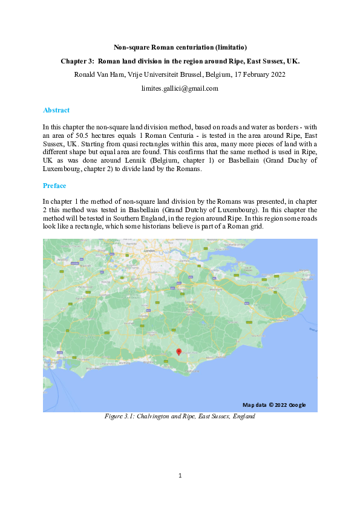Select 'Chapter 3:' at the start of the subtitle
77,61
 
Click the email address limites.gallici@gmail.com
180,88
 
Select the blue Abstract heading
56,110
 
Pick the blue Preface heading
54,185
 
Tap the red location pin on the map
178,352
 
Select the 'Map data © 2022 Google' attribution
274,404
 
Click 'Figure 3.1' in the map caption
119,417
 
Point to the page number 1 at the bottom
180,476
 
